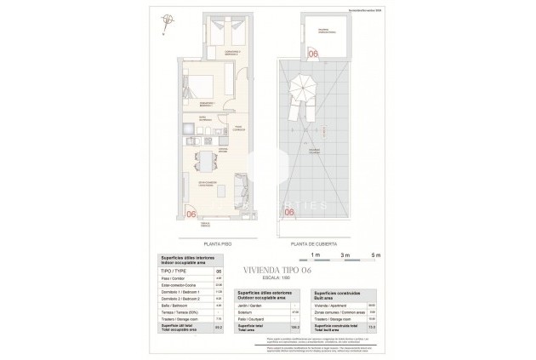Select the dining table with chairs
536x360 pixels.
click(203, 161)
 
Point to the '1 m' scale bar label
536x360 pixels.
click(314, 254)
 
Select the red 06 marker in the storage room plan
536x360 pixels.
click(313, 54)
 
